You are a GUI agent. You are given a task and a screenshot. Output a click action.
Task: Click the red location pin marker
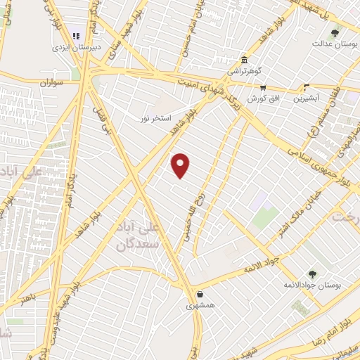point(181,165)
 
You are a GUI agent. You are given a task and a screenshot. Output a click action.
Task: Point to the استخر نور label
point(155,117)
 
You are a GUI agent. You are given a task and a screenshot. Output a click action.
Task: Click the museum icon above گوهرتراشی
point(243,60)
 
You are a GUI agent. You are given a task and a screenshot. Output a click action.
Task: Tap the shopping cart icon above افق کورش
point(263,88)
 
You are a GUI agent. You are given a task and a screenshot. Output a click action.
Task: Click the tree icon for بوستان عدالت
point(335,32)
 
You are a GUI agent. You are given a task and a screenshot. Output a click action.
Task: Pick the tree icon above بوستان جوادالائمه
point(311,274)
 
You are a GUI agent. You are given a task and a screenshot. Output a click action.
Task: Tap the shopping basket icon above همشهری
point(201,295)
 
